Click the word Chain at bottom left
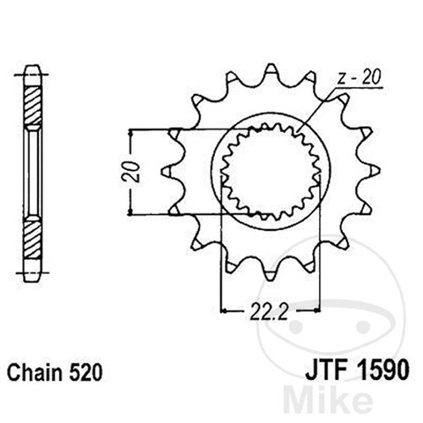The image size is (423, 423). click(x=35, y=372)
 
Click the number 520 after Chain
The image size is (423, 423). click(x=85, y=372)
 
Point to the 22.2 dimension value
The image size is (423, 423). click(x=269, y=311)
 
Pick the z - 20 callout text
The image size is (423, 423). click(x=359, y=77)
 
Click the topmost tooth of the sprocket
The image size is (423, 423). click(x=271, y=70)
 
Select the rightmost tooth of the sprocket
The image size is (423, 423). click(x=373, y=171)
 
